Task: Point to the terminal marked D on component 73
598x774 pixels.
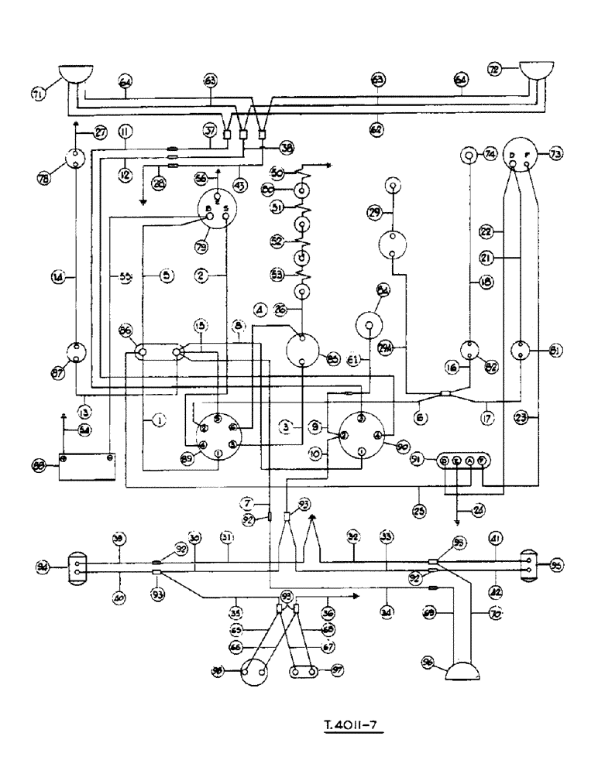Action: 512,156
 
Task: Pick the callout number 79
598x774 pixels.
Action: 207,247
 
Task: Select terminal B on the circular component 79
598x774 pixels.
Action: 207,210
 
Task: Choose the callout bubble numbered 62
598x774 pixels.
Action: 377,128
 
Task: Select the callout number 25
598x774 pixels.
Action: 418,490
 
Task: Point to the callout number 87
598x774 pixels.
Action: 58,375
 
